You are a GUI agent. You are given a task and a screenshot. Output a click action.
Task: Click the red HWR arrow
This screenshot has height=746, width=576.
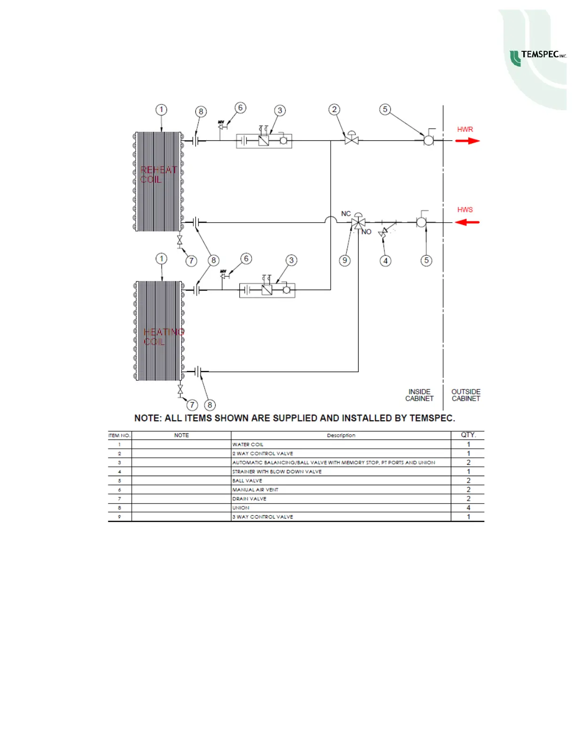[x=467, y=141]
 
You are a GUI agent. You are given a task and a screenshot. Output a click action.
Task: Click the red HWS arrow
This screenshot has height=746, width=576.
[x=467, y=222]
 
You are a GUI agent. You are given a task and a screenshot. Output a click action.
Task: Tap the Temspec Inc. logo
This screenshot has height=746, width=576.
[x=539, y=57]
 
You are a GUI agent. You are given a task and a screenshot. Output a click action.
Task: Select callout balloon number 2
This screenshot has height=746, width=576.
[x=334, y=110]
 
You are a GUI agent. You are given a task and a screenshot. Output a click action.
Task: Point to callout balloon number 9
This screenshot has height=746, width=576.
[x=345, y=260]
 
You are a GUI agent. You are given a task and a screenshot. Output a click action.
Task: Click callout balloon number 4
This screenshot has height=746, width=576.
[x=385, y=260]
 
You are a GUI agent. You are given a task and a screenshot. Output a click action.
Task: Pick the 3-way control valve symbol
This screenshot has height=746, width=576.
[x=359, y=222]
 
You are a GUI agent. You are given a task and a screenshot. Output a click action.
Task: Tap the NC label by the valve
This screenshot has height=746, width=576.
[x=346, y=214]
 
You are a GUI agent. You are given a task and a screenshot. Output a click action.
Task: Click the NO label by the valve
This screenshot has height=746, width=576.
[x=367, y=232]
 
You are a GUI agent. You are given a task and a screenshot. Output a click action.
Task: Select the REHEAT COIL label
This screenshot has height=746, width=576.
[x=158, y=175]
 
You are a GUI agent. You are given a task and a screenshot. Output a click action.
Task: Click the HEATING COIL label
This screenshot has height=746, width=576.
[x=163, y=337]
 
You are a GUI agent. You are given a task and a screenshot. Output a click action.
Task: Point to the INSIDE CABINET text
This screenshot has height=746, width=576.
[x=419, y=395]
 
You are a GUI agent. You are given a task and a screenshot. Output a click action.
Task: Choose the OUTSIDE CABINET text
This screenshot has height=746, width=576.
[x=466, y=395]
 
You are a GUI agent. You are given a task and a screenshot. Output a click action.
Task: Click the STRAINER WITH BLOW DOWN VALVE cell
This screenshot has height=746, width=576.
[x=277, y=471]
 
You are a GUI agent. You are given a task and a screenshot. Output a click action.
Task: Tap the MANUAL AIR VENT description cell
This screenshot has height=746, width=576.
[x=256, y=490]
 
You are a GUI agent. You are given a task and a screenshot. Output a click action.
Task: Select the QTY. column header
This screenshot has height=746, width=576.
[x=468, y=435]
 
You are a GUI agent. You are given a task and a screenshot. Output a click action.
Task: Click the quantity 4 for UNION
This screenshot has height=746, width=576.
[x=468, y=508]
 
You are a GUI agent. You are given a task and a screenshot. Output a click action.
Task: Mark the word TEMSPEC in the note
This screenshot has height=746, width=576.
[x=431, y=418]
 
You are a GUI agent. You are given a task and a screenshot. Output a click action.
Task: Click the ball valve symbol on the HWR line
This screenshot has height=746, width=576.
[x=429, y=140]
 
